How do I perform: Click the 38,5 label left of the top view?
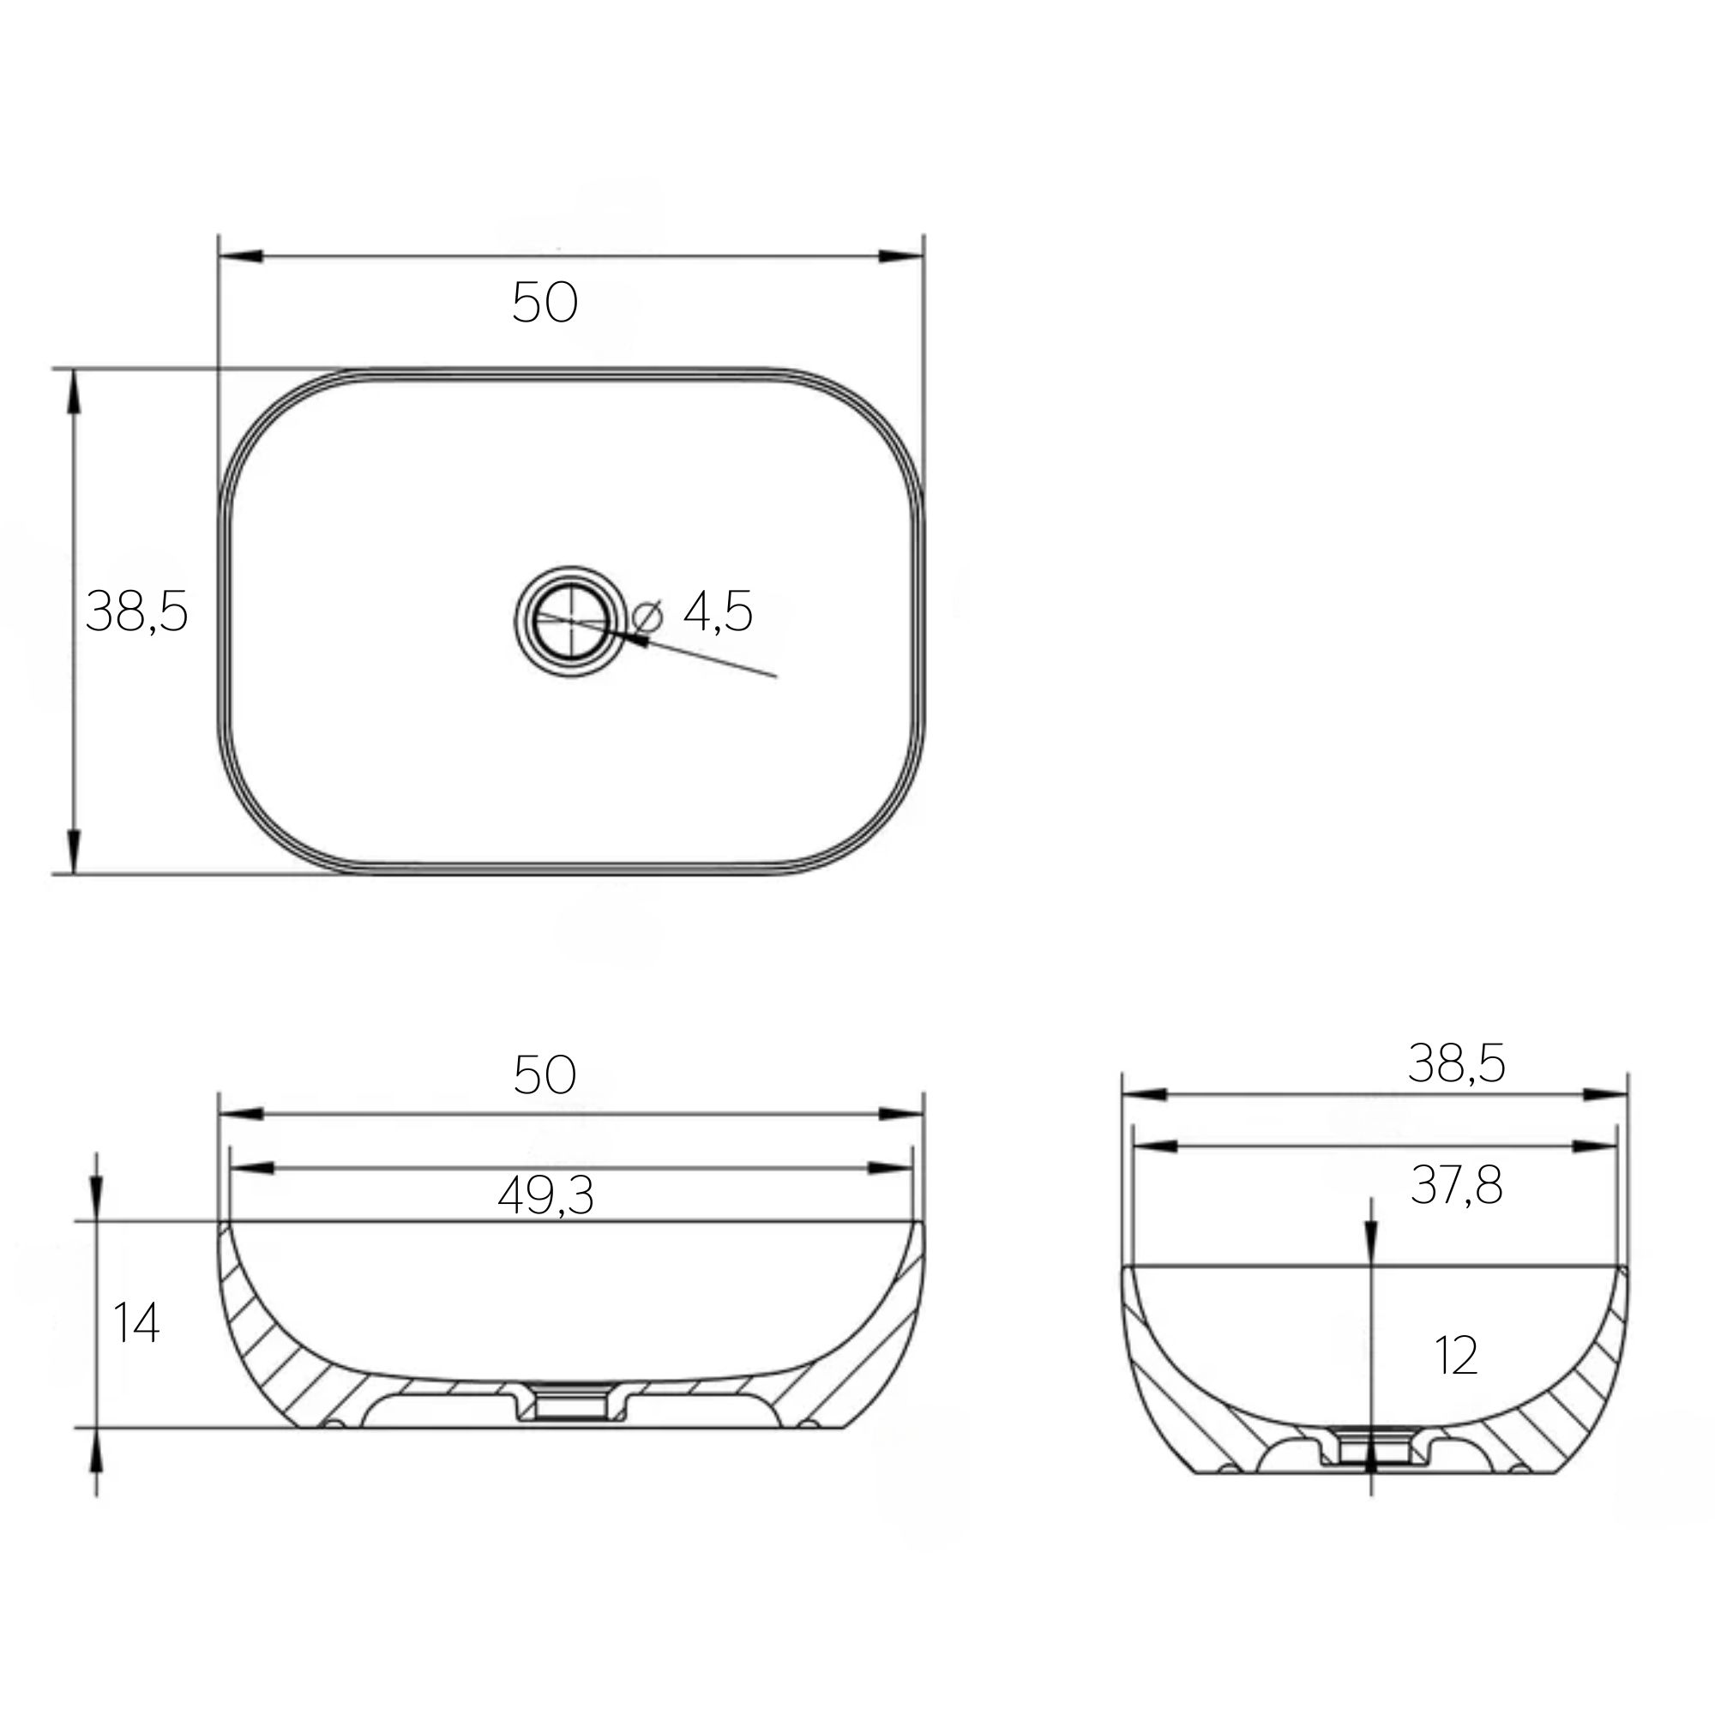click(x=136, y=611)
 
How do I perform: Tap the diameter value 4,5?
click(x=718, y=611)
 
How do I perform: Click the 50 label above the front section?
click(x=545, y=1075)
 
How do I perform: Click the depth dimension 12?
click(x=1456, y=1356)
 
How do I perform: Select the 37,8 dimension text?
click(x=1456, y=1185)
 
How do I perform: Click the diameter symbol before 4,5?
click(x=648, y=613)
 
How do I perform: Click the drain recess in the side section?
click(x=1371, y=1449)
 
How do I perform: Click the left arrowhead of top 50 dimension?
click(x=242, y=256)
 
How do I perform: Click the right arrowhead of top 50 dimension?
click(x=900, y=256)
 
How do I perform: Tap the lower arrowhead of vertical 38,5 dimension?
click(x=74, y=851)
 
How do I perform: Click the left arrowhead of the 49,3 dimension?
click(x=252, y=1168)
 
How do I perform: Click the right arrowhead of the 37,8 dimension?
click(x=1595, y=1146)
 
